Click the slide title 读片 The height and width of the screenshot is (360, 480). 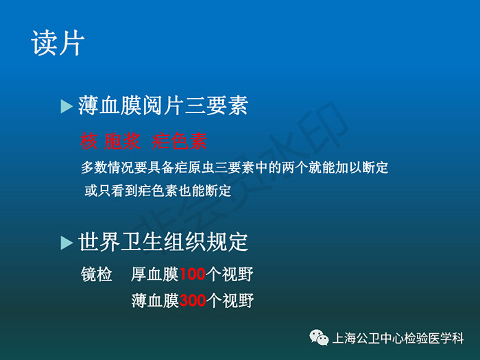pyautogui.click(x=58, y=43)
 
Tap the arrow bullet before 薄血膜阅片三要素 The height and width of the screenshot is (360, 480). pyautogui.click(x=67, y=106)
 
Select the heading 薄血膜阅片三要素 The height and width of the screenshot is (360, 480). pyautogui.click(x=163, y=106)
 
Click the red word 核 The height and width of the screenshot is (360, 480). pyautogui.click(x=88, y=141)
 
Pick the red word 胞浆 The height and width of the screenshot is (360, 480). pyautogui.click(x=122, y=141)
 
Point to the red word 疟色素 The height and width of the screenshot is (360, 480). pyautogui.click(x=180, y=141)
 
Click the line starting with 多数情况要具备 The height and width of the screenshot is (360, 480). pyautogui.click(x=235, y=167)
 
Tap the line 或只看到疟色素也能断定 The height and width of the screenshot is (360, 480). pyautogui.click(x=158, y=191)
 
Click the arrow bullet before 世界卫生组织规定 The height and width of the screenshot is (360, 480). pyautogui.click(x=67, y=243)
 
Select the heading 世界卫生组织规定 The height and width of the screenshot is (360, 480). pyautogui.click(x=163, y=242)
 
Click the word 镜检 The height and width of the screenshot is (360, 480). pyautogui.click(x=97, y=274)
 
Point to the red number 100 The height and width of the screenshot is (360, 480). pyautogui.click(x=192, y=274)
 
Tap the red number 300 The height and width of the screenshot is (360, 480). pyautogui.click(x=193, y=300)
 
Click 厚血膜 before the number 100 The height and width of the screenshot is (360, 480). pyautogui.click(x=154, y=274)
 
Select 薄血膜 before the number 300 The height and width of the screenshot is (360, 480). pyautogui.click(x=155, y=300)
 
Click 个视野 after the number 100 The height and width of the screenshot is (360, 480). pyautogui.click(x=230, y=274)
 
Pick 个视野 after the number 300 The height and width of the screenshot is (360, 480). pyautogui.click(x=230, y=300)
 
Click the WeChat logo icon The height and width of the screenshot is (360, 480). pyautogui.click(x=319, y=337)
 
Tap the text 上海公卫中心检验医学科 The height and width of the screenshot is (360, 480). pyautogui.click(x=398, y=338)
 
